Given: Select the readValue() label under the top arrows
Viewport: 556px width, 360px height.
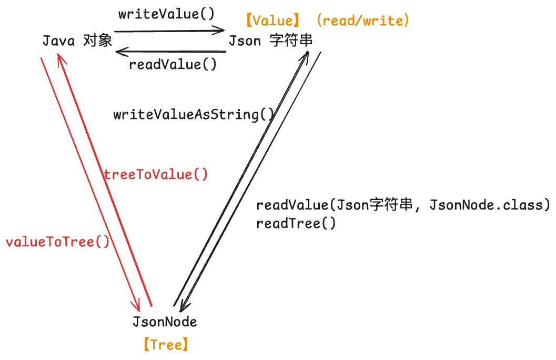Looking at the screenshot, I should click(x=173, y=65).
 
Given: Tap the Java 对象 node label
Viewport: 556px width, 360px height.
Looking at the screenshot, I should click(x=77, y=41).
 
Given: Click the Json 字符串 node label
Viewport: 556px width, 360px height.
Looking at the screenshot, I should click(x=270, y=41).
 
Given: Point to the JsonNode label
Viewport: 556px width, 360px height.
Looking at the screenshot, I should click(x=165, y=322).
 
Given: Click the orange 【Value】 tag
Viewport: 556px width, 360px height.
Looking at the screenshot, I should click(x=273, y=21).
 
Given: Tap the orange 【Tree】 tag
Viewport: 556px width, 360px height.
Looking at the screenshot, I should click(x=165, y=345).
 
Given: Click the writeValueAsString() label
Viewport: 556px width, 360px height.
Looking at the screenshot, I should click(x=194, y=114).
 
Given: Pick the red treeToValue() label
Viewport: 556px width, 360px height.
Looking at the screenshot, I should click(x=156, y=175).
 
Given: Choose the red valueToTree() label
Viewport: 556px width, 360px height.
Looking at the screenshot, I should click(x=57, y=242).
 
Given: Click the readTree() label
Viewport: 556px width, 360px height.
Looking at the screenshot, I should click(x=296, y=223).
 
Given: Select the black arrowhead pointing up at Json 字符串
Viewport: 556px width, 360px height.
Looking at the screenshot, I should click(x=306, y=53).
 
